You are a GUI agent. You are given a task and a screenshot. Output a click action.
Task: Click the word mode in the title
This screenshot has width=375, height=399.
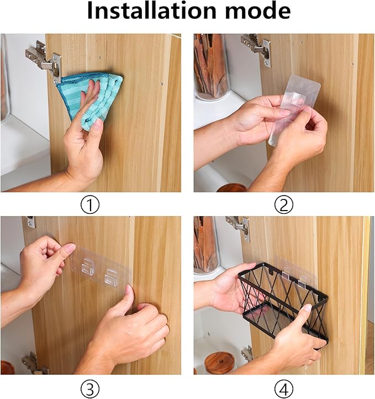click(x=257, y=10)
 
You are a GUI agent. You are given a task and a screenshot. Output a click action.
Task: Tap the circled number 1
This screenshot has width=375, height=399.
click(x=90, y=205)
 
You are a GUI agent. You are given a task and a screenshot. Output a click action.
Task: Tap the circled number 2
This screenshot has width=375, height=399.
click(x=284, y=205)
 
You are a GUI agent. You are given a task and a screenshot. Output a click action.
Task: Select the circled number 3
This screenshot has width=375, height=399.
click(x=90, y=389)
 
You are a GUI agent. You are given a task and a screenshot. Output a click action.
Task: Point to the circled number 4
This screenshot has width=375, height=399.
click(x=284, y=389)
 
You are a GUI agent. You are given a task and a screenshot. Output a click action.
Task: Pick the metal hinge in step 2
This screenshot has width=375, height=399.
click(x=257, y=49)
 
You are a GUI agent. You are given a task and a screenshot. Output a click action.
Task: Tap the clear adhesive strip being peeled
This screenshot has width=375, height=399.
click(x=294, y=109)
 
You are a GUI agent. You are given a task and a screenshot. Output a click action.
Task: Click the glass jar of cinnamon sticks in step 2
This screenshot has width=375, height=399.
click(x=212, y=67)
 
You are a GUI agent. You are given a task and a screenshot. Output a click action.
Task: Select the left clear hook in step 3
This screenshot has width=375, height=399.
click(x=87, y=267)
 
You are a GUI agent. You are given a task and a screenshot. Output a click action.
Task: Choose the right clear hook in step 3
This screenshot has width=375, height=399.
click(x=111, y=277)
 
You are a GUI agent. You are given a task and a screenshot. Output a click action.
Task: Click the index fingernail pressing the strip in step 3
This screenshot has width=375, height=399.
click(x=70, y=247)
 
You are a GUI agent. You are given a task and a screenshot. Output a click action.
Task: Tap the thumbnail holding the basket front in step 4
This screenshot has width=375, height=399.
click(x=307, y=308)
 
